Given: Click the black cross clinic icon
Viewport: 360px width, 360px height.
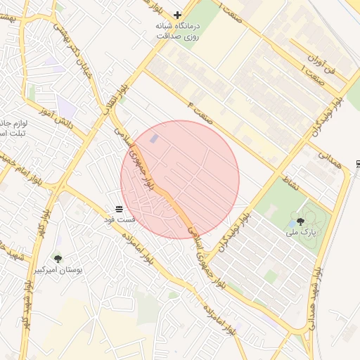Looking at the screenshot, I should tap(177, 14).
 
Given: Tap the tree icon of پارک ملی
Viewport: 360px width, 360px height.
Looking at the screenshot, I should tap(301, 221).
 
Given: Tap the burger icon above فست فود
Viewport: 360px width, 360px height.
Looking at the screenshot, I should tap(119, 209).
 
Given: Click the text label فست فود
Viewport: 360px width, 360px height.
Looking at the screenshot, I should tap(119, 220).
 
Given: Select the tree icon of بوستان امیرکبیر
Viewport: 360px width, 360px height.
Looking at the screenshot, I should tap(58, 259).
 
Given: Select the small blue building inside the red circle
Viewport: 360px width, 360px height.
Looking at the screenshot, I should tap(153, 139).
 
